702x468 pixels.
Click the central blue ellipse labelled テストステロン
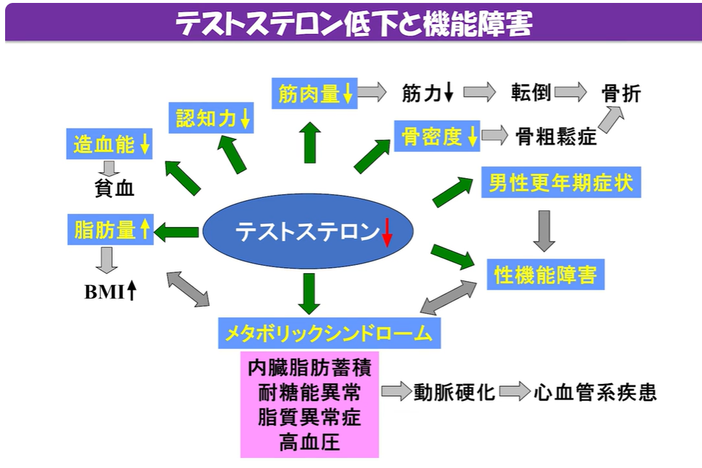[308, 231]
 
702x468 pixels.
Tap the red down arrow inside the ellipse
[387, 232]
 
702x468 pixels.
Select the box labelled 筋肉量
[314, 93]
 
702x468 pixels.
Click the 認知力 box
[211, 118]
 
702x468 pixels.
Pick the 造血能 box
[110, 144]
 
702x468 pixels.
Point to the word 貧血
[114, 188]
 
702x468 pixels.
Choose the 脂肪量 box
[110, 229]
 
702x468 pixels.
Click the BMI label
[110, 291]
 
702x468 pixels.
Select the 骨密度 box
[437, 136]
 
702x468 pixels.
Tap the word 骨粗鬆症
[556, 137]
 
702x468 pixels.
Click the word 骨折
[621, 93]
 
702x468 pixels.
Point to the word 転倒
[531, 93]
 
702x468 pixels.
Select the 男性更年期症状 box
[561, 183]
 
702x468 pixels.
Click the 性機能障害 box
[545, 275]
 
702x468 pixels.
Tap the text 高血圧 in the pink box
[310, 442]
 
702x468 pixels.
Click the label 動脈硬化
[454, 392]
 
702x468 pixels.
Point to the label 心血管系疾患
[595, 392]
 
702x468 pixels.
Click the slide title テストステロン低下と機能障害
[354, 23]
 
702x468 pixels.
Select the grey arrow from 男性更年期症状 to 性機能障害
[544, 231]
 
